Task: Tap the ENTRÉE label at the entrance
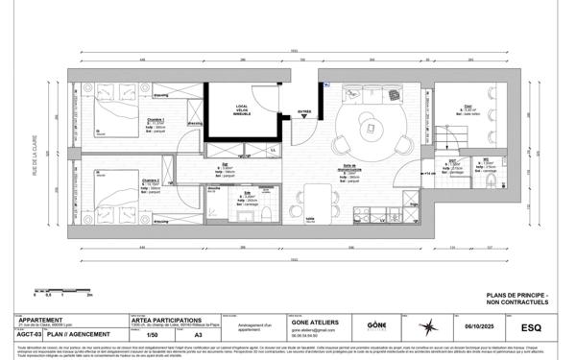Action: [304, 111]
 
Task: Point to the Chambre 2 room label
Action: [151, 180]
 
